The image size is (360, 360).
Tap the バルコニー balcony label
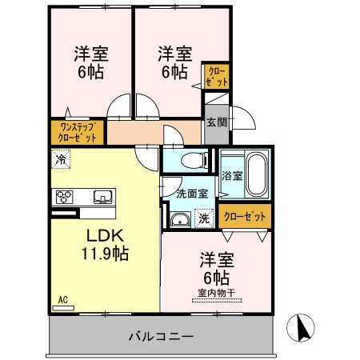[x=161, y=337]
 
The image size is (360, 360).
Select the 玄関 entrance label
[x=216, y=122]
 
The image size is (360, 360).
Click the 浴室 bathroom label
[x=232, y=175]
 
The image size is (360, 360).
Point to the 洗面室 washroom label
[x=192, y=193]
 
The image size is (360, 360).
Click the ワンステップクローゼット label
[x=77, y=131]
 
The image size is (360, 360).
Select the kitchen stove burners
[x=65, y=197]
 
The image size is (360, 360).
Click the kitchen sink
[x=103, y=197]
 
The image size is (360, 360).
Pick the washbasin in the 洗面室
[x=180, y=220]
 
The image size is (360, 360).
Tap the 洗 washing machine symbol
[x=204, y=218]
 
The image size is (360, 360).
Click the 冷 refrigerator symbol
[x=61, y=158]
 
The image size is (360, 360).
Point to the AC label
[x=62, y=300]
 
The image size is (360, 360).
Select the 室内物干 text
[x=216, y=293]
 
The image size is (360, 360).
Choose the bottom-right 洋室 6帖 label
[x=216, y=268]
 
